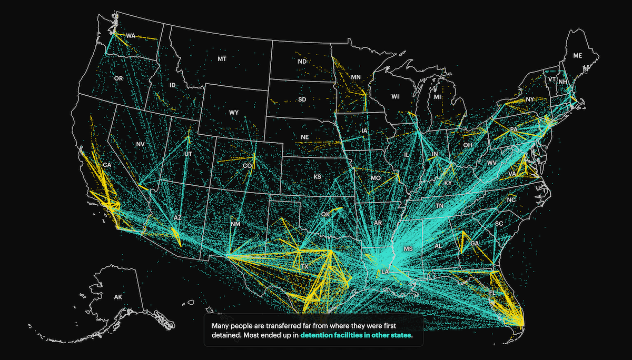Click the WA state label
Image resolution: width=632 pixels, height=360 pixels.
pos(131,36)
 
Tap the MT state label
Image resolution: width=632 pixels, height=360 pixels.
pos(222,59)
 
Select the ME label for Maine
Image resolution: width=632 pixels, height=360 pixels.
pos(578,55)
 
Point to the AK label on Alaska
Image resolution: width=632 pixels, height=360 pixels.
pos(118,297)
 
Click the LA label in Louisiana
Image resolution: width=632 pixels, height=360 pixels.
pos(385,272)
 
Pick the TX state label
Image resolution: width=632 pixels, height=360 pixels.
pos(304,267)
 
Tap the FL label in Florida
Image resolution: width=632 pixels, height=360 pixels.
pos(492,293)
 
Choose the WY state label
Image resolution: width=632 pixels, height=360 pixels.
pos(234,113)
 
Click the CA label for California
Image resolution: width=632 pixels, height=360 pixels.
pos(107,165)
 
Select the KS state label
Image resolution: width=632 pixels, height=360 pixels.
pos(317,177)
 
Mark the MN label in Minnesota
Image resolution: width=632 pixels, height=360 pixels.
pos(355,77)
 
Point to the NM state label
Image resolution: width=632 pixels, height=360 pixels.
pos(235,224)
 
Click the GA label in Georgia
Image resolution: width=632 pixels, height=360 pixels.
pos(475,244)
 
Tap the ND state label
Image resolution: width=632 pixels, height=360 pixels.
pos(302,62)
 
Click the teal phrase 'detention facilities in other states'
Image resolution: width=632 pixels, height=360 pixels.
pos(356,335)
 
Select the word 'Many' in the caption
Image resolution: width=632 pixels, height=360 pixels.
pos(220,326)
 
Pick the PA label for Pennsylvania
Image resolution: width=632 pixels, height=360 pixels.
pos(513,129)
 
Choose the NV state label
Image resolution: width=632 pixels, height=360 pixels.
pos(140,144)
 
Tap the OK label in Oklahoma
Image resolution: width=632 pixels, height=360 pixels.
pos(325,215)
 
